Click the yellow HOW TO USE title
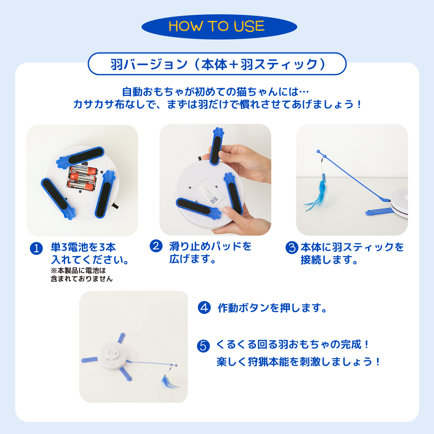pos(217,26)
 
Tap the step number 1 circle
pos(36,248)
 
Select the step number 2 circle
pos(156,246)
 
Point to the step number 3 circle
pos(292,247)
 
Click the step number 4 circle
pos(204,308)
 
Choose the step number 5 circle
pos(204,346)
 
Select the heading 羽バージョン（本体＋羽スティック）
pos(217,64)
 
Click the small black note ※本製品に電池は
pos(78,270)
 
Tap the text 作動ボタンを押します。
pos(273,308)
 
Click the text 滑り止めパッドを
pos(210,246)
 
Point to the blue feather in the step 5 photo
pos(169,382)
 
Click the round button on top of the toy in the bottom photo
pos(111,353)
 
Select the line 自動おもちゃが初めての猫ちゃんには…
pos(216,91)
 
